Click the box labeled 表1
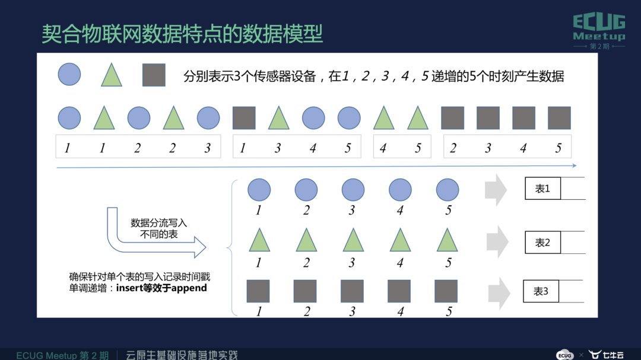tap(542, 189)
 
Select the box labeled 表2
tap(542, 243)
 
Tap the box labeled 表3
tap(541, 291)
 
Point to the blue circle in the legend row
tap(69, 75)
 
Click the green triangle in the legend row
tap(112, 75)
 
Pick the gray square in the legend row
tap(154, 75)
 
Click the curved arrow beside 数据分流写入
tap(148, 237)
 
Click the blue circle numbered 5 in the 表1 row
tap(448, 190)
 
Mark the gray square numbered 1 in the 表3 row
tap(258, 291)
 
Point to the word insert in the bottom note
tap(128, 288)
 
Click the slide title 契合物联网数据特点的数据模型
tap(182, 33)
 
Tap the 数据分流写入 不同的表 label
tap(158, 228)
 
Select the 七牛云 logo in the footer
tap(605, 355)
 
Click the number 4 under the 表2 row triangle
tap(400, 262)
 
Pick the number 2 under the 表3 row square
tap(306, 311)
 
